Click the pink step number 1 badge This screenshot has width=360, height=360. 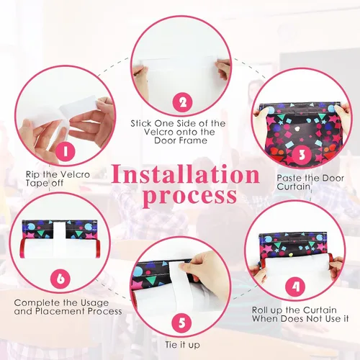(x=66, y=152)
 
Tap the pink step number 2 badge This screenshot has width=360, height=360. (x=183, y=102)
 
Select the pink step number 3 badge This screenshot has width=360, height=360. (x=302, y=155)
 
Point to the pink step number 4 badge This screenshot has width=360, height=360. (x=295, y=287)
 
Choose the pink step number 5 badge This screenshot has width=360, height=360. (x=182, y=323)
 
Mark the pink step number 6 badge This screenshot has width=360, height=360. (x=60, y=279)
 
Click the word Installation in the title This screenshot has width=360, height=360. (x=186, y=174)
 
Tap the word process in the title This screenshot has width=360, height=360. (x=191, y=197)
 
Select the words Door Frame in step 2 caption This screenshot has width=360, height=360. (x=181, y=140)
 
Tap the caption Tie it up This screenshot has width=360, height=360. (x=182, y=345)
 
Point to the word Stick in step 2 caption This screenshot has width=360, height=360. (x=141, y=123)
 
